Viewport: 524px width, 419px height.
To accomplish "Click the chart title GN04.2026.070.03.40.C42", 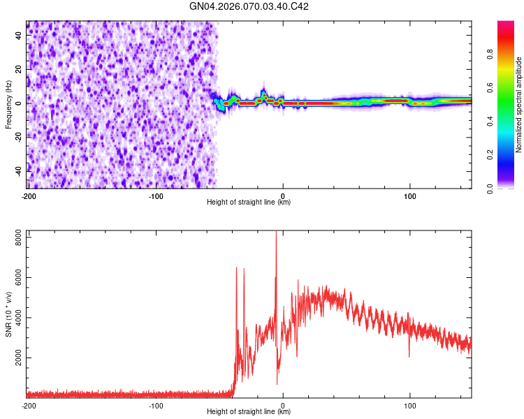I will tap(249, 6).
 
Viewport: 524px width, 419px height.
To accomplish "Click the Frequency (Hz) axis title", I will tap(8, 105).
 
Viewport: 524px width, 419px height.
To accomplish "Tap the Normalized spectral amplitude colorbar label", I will tap(519, 105).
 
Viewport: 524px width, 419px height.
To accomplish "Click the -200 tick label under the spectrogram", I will tap(29, 196).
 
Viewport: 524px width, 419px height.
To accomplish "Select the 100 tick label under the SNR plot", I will tap(410, 405).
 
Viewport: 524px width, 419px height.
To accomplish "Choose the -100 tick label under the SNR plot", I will tap(156, 405).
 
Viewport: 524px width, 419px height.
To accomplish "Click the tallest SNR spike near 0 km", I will tap(276, 233).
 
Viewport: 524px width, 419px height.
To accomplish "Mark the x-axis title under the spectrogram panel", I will tap(249, 203).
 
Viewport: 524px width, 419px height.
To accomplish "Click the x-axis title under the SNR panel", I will tap(249, 411).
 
